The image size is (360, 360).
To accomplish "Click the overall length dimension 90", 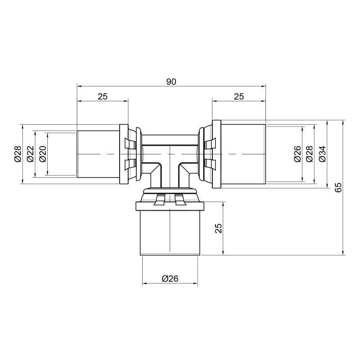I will pos(171,81).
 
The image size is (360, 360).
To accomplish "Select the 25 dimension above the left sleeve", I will pos(103,96).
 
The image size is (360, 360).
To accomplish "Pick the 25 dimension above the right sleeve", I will pos(239,96).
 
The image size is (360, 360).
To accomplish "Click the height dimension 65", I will pos(338,187).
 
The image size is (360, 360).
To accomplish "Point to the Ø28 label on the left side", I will pos(18,154).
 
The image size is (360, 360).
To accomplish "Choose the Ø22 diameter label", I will pos(30,154).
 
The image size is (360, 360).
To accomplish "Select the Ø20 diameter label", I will pos(42,154).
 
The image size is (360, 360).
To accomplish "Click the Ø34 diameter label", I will pos(322,154).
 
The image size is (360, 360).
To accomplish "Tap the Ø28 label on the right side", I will pos(310,154).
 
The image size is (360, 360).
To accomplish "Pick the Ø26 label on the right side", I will pos(297,154).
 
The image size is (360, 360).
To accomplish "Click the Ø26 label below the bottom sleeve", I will pos(170,279).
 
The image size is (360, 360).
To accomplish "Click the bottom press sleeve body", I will pos(170,232).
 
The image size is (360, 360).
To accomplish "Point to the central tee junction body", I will pos(170,153).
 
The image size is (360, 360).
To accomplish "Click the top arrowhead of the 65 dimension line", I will pos(344,122).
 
